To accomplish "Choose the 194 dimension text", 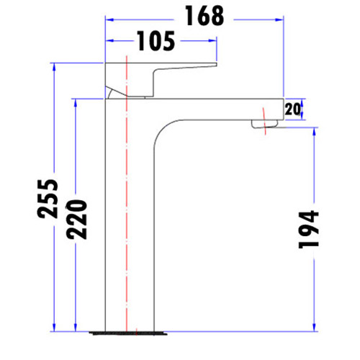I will (x=307, y=229).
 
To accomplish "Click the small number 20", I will (x=292, y=109).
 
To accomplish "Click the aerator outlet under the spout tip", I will (x=264, y=126).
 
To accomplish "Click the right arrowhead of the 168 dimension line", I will (x=280, y=22).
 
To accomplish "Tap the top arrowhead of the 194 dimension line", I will (x=315, y=133).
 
